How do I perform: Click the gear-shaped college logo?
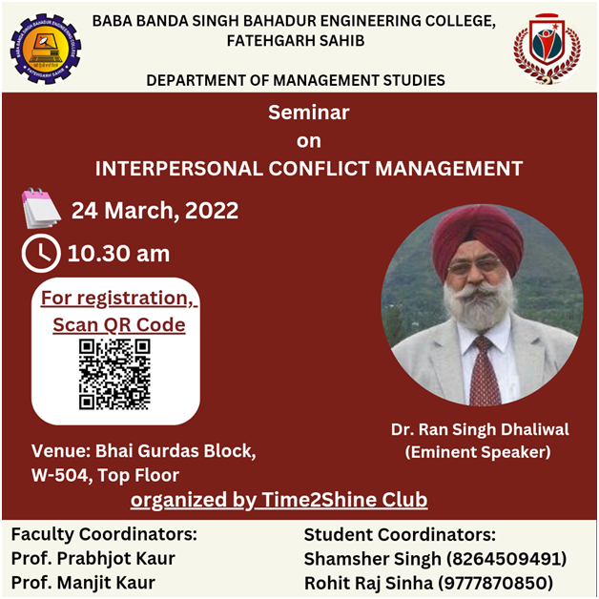coord(46,49)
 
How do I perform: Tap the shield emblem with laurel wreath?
coord(547,49)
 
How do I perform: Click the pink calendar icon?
coord(40,208)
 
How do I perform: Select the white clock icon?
coord(41,254)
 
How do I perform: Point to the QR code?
coord(114,374)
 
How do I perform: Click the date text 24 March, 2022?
coord(155,211)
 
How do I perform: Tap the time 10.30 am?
coord(118,254)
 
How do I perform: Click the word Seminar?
coord(309,113)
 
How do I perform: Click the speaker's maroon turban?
coord(478,237)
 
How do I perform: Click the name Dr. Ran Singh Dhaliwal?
coord(480,429)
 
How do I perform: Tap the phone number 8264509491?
coord(506,559)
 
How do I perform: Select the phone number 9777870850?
coord(495,583)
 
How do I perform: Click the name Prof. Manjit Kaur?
coord(83,583)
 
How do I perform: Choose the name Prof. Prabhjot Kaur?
coord(93,559)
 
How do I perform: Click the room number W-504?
coord(62,475)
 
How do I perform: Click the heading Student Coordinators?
coord(400,534)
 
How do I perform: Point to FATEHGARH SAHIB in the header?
coord(296,40)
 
